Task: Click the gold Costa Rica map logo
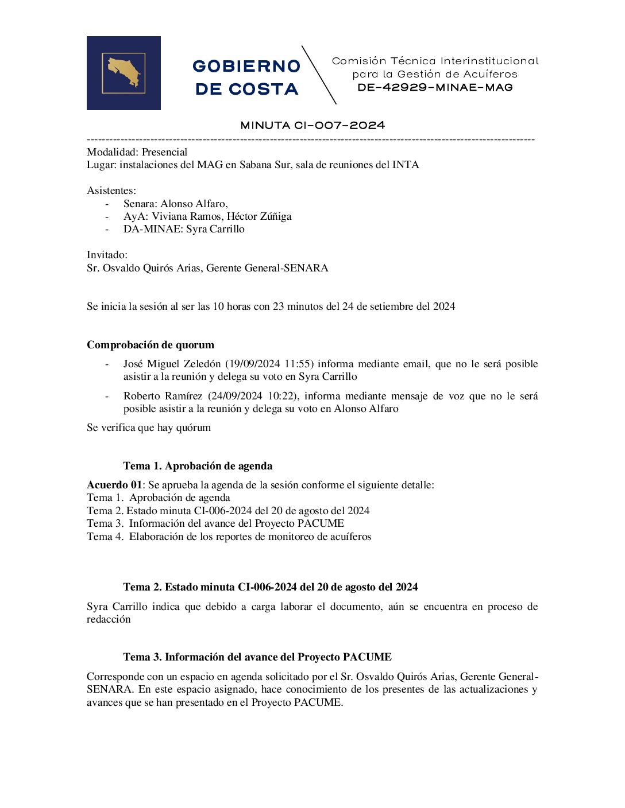tap(124, 73)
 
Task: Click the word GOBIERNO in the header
tap(246, 67)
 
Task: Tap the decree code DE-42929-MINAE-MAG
tap(435, 87)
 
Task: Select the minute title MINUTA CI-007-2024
tap(312, 125)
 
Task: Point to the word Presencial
tap(164, 152)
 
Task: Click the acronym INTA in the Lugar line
tap(406, 165)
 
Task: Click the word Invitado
tap(107, 255)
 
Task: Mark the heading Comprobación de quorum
tap(151, 345)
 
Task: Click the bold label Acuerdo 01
tap(114, 485)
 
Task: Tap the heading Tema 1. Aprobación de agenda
tap(198, 466)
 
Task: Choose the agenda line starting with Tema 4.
tap(229, 537)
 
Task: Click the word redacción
tap(109, 619)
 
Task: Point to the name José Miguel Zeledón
tap(172, 364)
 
